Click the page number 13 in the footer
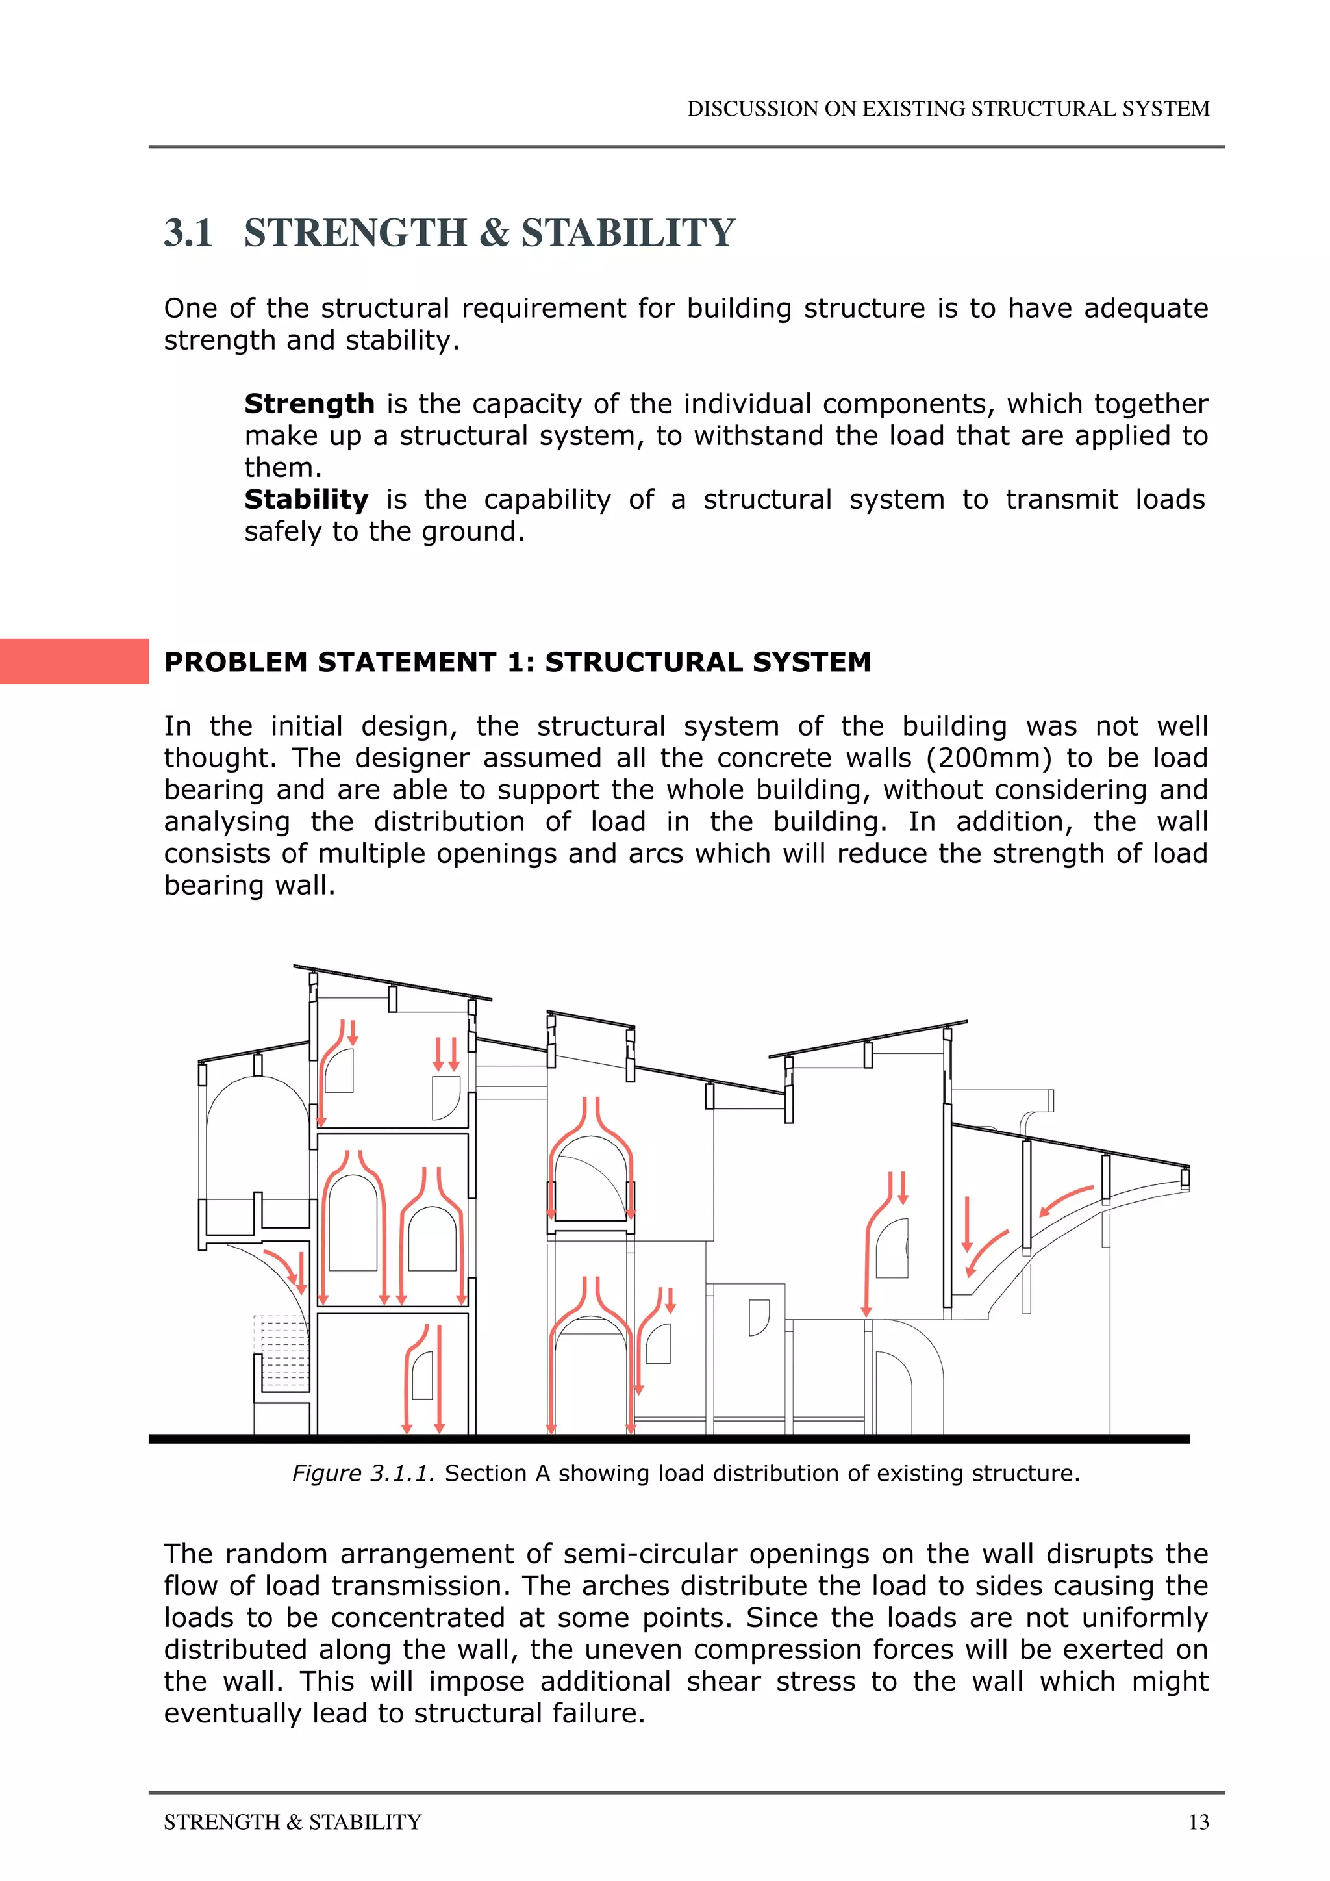[1198, 1822]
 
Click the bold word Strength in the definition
[308, 404]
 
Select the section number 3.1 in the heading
[188, 233]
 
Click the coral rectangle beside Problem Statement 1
[73, 661]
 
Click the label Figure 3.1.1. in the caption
[363, 1473]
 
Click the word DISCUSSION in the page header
[753, 109]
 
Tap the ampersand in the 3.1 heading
[494, 233]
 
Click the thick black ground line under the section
[668, 1439]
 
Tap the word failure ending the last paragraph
[598, 1713]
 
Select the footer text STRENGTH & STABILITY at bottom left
[292, 1822]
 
